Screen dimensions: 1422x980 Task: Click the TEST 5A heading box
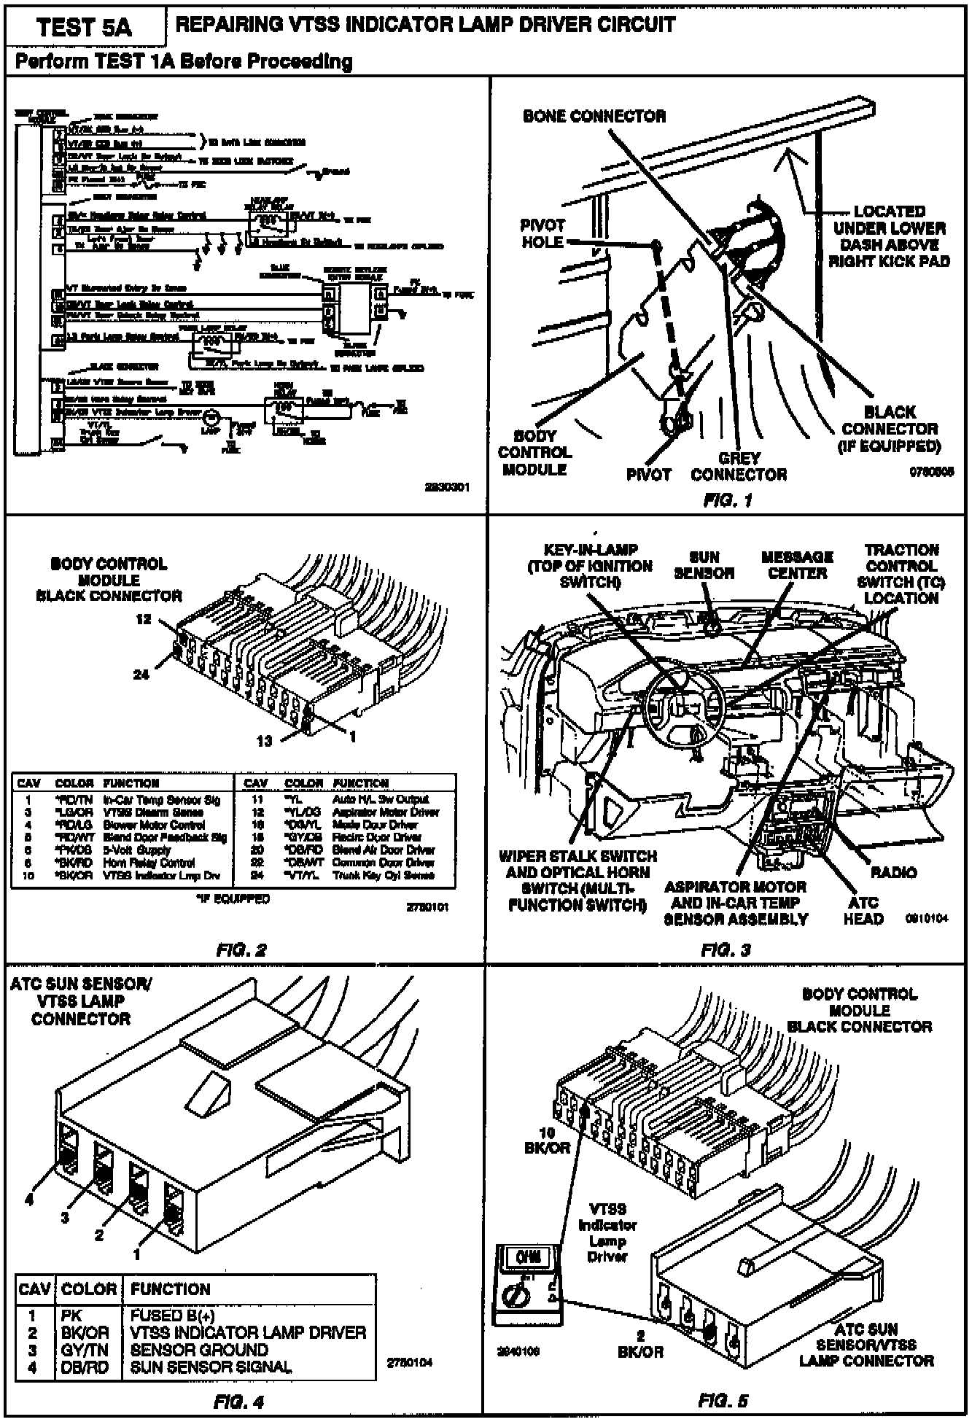click(85, 27)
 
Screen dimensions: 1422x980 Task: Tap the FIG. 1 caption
click(727, 500)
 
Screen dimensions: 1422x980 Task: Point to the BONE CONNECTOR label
click(594, 116)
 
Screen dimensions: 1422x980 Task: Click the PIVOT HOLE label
click(542, 233)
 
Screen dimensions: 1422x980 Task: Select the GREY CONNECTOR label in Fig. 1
click(739, 467)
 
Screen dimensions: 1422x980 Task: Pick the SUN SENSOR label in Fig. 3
click(704, 565)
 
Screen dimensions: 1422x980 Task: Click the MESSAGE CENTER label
click(797, 565)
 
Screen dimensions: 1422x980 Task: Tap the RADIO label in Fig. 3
click(893, 872)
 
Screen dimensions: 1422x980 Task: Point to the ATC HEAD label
click(863, 911)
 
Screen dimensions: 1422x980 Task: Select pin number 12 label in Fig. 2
click(144, 619)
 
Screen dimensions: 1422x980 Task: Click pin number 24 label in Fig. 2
click(141, 675)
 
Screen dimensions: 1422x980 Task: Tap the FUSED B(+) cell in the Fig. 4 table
click(172, 1316)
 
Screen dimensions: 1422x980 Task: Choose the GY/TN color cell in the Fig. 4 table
click(85, 1350)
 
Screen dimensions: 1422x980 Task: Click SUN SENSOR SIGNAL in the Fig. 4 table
click(211, 1367)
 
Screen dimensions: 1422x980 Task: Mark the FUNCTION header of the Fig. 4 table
click(170, 1289)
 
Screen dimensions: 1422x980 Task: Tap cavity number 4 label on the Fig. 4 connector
click(29, 1200)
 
